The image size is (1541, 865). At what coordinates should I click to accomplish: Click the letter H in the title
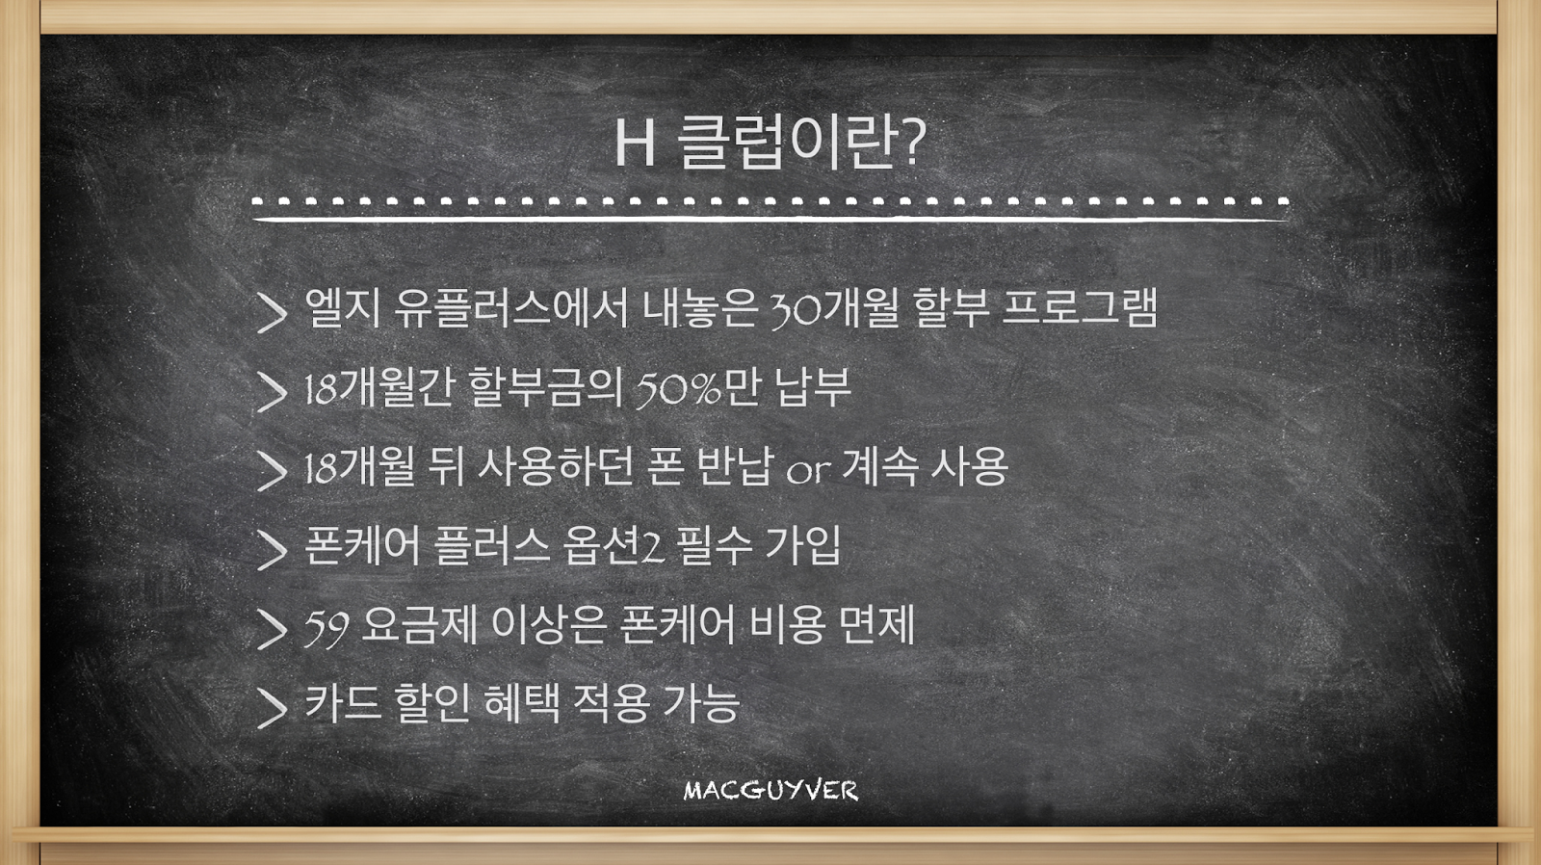click(634, 143)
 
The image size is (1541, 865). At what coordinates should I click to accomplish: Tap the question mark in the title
click(912, 142)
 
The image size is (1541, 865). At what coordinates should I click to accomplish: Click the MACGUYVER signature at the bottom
click(770, 791)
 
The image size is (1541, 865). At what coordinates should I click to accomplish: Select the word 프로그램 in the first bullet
click(1079, 307)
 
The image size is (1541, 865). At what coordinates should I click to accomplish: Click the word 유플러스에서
click(509, 307)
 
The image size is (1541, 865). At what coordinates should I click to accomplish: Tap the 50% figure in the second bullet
click(678, 389)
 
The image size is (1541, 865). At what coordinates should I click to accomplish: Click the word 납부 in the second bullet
click(813, 386)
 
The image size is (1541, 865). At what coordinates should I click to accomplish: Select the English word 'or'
click(807, 471)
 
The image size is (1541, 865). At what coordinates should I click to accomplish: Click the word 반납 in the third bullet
click(734, 466)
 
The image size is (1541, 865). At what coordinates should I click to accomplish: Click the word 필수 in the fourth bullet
click(714, 546)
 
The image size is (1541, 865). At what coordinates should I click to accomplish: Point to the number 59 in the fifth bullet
click(326, 628)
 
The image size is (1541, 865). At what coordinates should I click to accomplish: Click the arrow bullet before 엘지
click(272, 313)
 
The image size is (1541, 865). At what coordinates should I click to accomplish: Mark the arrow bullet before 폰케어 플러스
click(272, 550)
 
